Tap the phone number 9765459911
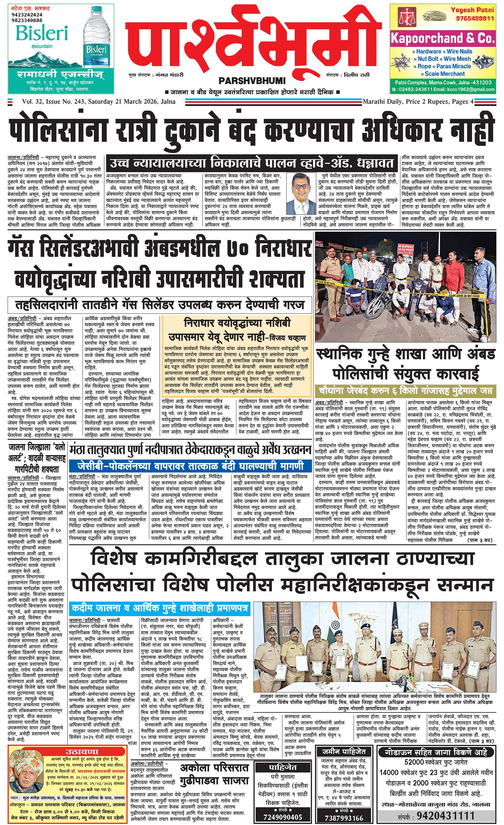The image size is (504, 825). click(472, 18)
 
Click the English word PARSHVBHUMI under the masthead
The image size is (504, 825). click(252, 81)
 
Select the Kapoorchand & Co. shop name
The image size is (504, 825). click(442, 38)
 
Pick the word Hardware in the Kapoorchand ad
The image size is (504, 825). click(428, 52)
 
